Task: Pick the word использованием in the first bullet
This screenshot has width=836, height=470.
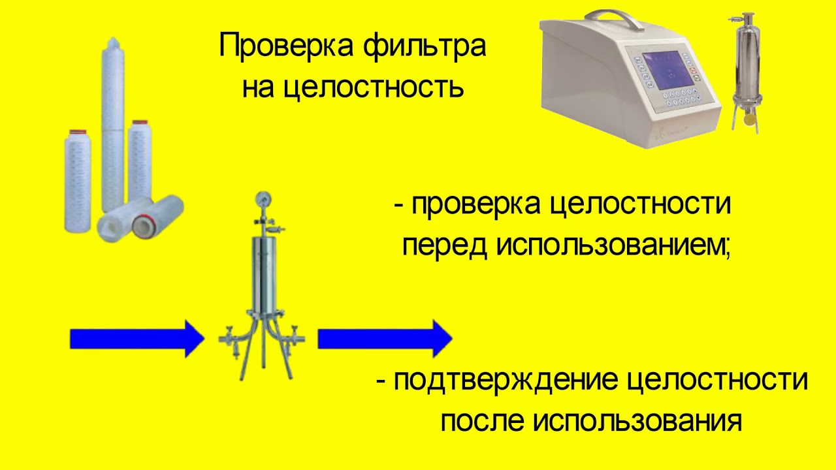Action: [611, 247]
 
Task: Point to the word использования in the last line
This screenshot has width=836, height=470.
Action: [637, 421]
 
